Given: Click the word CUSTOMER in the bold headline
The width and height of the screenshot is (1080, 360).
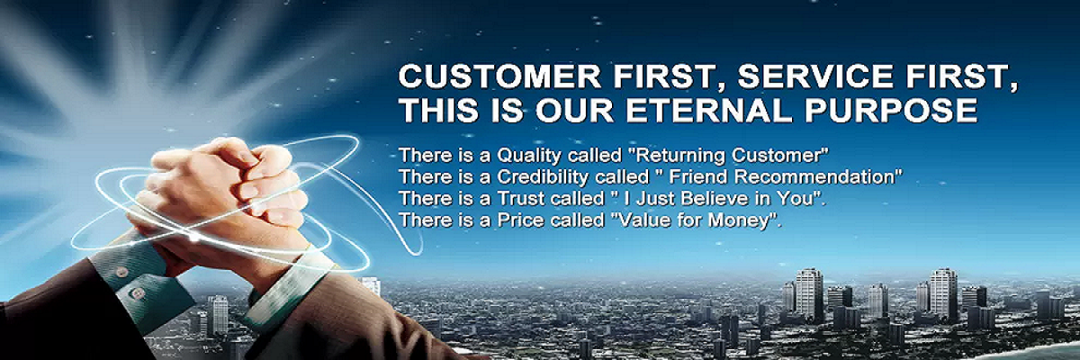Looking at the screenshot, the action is (499, 76).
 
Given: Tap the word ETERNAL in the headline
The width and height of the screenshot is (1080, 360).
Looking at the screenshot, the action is (709, 111).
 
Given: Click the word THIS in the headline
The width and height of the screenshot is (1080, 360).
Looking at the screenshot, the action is (440, 111).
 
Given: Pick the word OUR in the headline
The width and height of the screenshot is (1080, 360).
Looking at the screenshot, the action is (574, 111).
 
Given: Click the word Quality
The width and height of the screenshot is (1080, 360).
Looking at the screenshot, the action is (529, 156).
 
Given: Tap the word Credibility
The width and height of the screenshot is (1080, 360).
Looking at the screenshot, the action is (542, 177).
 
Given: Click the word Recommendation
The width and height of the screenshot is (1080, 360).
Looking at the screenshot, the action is (814, 177).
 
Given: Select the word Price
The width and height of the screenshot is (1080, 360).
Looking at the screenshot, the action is (521, 220).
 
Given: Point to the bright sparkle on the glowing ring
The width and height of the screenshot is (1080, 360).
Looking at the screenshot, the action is (193, 237).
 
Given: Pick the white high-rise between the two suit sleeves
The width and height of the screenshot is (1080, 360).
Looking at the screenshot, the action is (218, 316).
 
